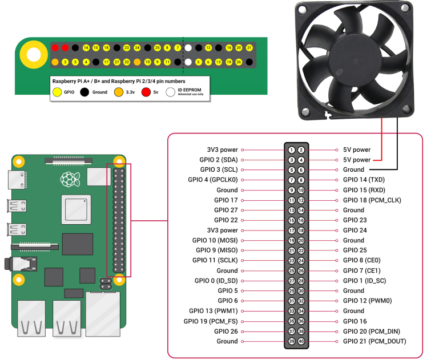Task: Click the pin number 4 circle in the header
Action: click(301, 160)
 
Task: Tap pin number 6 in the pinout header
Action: click(301, 170)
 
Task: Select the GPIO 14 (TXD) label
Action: click(364, 180)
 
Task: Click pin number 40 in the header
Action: click(301, 341)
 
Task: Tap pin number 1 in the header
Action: click(292, 150)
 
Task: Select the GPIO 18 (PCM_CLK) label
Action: click(369, 200)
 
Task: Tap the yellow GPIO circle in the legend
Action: click(57, 92)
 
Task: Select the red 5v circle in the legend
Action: click(146, 92)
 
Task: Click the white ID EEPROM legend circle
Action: click(170, 92)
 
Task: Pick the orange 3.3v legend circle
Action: click(118, 92)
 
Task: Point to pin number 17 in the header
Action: click(292, 230)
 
